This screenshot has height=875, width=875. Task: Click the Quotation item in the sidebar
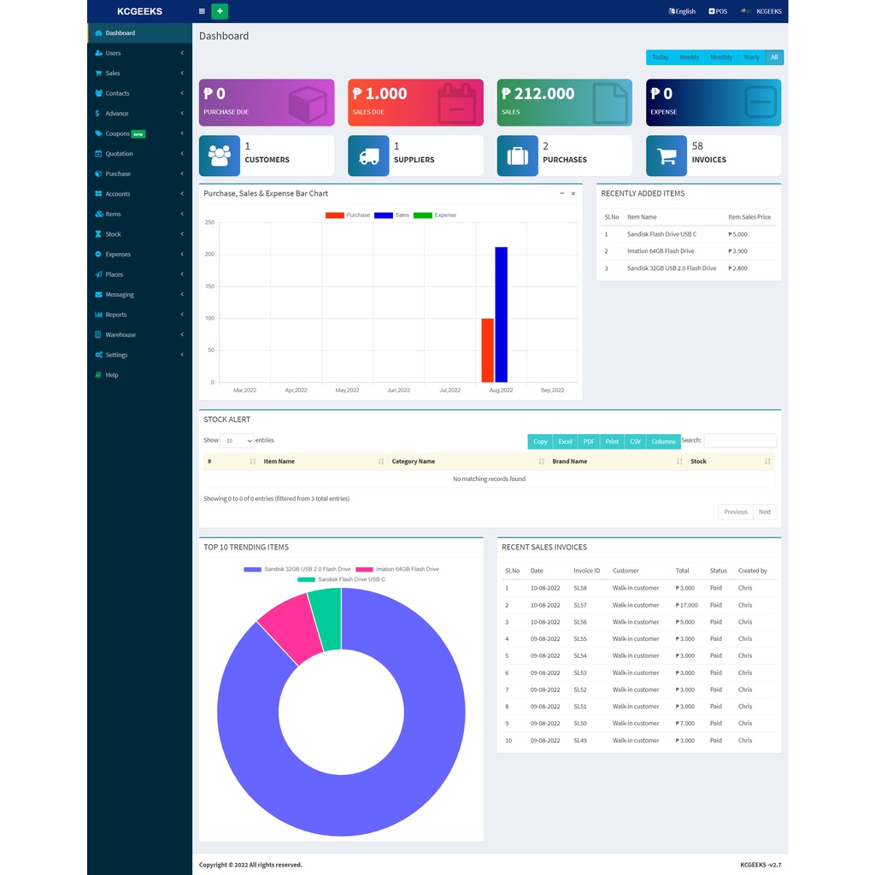click(x=119, y=154)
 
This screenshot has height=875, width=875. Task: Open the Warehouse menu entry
click(x=120, y=335)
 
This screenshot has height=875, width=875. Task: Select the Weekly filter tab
click(x=689, y=57)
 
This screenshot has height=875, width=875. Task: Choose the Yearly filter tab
click(x=751, y=57)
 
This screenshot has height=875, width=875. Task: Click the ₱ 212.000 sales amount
click(x=538, y=94)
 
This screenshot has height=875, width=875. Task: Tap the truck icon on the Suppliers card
click(x=368, y=156)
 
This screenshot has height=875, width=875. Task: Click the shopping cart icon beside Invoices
click(x=667, y=156)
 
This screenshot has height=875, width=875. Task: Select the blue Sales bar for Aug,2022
click(x=501, y=314)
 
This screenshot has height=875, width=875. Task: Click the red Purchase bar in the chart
click(x=487, y=350)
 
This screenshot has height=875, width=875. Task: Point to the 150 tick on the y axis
click(x=209, y=286)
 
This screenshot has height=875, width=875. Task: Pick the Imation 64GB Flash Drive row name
click(x=661, y=251)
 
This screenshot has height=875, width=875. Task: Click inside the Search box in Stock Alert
click(x=740, y=441)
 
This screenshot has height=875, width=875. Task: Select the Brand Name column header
click(x=570, y=461)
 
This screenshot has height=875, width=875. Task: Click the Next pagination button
click(x=764, y=512)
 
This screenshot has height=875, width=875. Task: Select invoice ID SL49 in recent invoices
click(x=580, y=741)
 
